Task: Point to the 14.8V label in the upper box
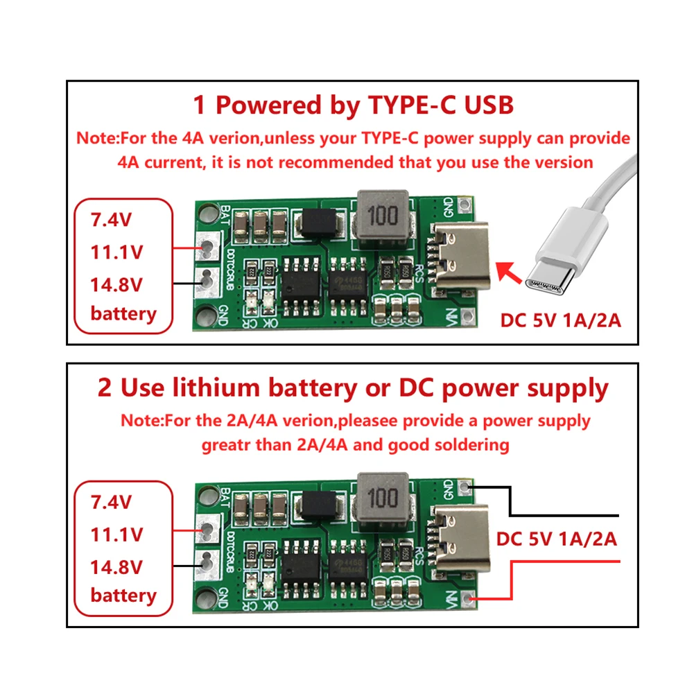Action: [116, 284]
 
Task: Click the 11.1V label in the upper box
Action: [116, 252]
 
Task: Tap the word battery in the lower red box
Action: [123, 595]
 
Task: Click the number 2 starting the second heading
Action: [105, 388]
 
